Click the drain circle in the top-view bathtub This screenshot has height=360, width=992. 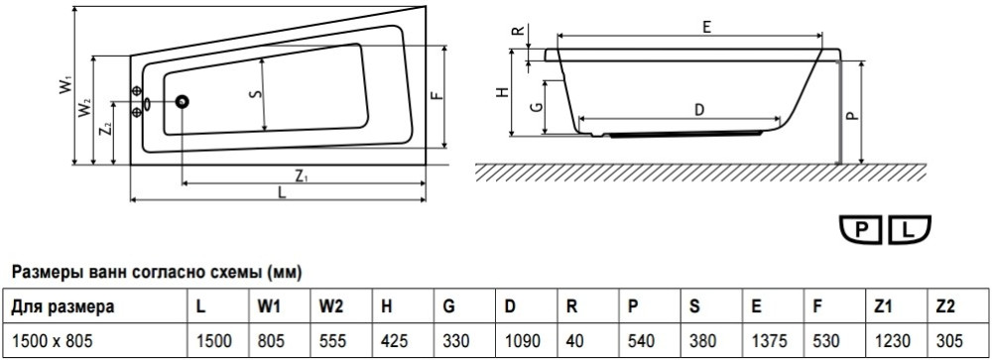pyautogui.click(x=183, y=101)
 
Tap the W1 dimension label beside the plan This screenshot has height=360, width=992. pyautogui.click(x=65, y=84)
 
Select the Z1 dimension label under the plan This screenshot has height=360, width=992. pyautogui.click(x=302, y=176)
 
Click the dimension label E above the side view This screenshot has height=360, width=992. pyautogui.click(x=706, y=27)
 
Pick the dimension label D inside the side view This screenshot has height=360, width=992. pyautogui.click(x=699, y=110)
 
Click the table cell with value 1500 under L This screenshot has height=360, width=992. pyautogui.click(x=214, y=341)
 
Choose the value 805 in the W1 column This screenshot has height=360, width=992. pyautogui.click(x=271, y=341)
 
